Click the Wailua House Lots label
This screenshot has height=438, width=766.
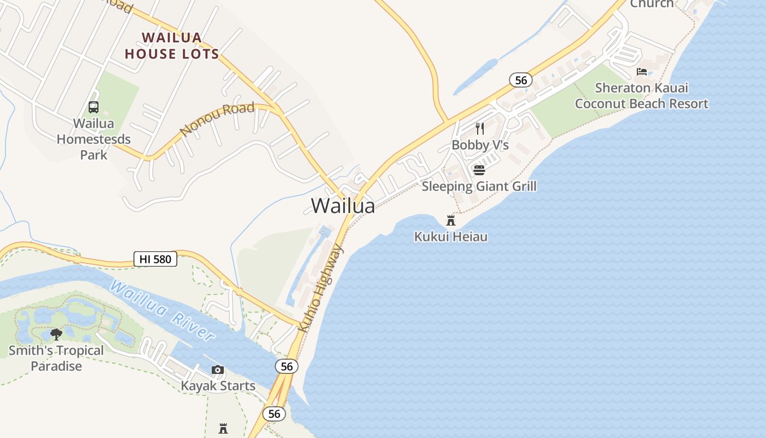coord(172,46)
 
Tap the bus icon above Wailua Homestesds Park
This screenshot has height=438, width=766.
coord(94,107)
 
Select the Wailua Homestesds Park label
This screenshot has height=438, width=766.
coord(94,139)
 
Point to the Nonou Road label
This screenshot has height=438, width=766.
coord(217,119)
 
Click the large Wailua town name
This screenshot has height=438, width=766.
coord(343,206)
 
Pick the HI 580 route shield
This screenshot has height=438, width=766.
coord(155,259)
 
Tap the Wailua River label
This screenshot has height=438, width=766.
coord(162,309)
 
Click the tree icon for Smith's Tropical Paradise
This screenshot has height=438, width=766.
coord(56,334)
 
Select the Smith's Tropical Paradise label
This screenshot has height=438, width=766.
coord(56,358)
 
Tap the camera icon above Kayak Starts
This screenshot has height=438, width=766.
coord(218,370)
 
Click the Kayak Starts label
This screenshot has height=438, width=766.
coord(218,386)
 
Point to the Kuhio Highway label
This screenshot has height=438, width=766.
coord(321,289)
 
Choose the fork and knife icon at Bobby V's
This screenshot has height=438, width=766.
coord(480,129)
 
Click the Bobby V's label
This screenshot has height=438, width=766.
coord(480,145)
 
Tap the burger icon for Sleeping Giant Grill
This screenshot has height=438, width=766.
coord(479,170)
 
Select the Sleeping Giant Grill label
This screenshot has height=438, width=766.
coord(479,186)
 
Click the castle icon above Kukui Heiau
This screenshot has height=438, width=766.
coord(451,221)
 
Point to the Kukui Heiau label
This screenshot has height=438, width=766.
coord(451,237)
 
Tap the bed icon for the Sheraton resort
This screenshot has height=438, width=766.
coord(642,72)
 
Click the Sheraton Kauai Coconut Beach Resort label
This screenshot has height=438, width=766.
coord(642,96)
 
